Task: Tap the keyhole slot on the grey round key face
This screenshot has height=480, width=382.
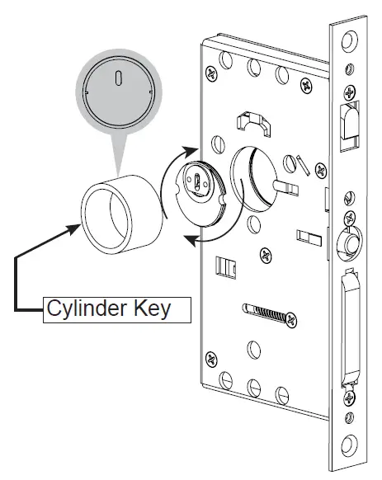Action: pyautogui.click(x=119, y=79)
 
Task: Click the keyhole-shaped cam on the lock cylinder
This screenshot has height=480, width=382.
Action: pyautogui.click(x=199, y=180)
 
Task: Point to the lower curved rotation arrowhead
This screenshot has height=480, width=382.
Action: pyautogui.click(x=188, y=240)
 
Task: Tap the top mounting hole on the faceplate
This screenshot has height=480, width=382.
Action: pyautogui.click(x=350, y=39)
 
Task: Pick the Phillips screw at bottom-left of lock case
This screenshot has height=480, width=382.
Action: pyautogui.click(x=212, y=359)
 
